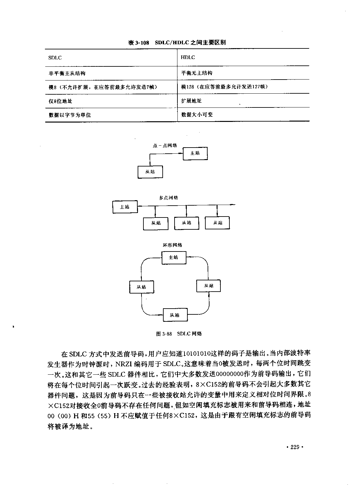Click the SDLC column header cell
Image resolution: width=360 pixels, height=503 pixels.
coord(111,58)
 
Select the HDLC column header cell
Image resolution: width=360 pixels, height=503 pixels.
coord(244,57)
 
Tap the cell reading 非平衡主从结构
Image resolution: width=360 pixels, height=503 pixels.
coord(111,73)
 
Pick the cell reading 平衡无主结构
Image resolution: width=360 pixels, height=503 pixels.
coord(244,73)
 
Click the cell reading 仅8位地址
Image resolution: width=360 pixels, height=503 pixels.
coord(111,101)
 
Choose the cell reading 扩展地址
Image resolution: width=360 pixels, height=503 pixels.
coord(244,101)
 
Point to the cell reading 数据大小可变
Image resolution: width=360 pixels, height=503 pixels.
coord(244,115)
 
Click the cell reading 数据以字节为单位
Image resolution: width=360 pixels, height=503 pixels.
coord(111,115)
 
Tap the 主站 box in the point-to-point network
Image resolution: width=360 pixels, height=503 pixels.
coord(195,154)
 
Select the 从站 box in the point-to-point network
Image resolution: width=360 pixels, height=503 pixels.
coord(150,172)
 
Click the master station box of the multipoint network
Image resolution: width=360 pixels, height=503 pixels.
coord(125,207)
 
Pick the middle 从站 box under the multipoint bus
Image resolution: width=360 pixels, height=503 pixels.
coord(187,223)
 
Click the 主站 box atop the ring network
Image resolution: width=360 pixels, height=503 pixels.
coord(174,258)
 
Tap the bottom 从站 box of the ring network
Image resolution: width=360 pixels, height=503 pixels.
coord(175,315)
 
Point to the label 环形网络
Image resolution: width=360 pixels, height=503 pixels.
coord(172,245)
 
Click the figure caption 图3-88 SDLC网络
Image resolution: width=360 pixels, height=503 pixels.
coord(179,334)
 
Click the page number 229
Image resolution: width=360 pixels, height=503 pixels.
coord(295,447)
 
